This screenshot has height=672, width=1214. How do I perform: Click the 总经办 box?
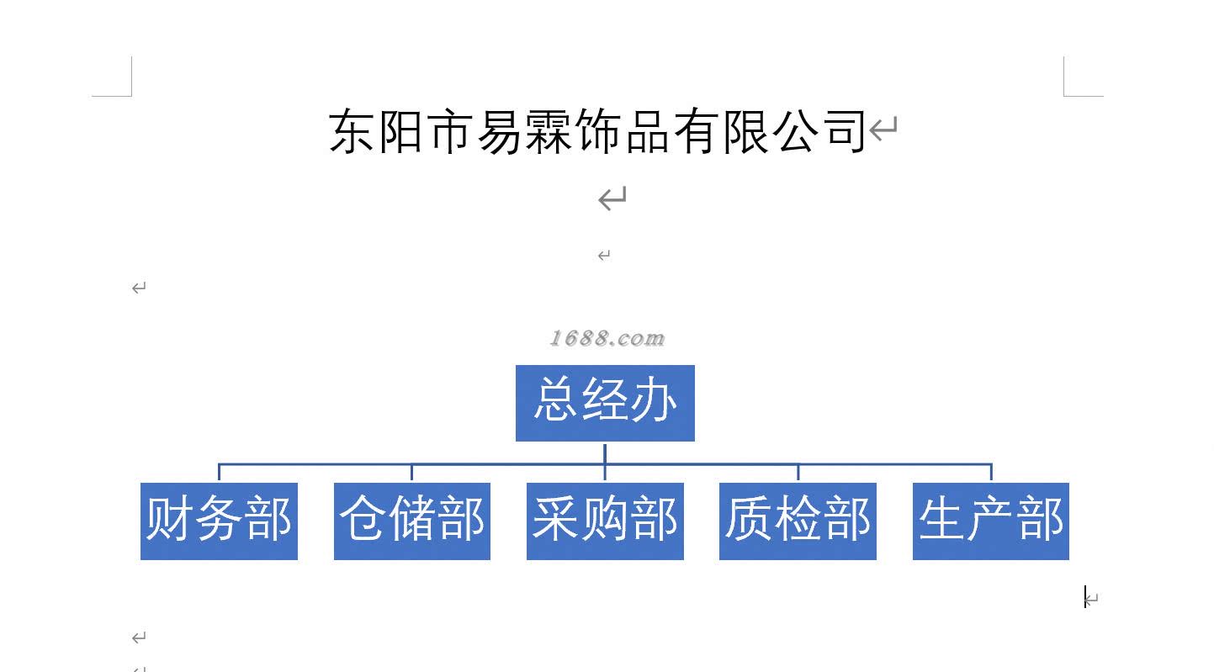point(605,403)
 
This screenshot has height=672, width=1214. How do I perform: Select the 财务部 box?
point(219,521)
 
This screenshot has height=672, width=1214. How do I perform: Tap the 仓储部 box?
point(412,521)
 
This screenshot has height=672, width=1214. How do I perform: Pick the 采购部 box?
point(605,521)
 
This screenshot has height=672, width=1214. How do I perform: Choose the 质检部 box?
point(798,521)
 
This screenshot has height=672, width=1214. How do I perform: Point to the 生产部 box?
point(991,521)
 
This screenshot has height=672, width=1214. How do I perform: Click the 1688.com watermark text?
point(607,338)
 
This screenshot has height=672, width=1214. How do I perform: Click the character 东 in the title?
point(352,131)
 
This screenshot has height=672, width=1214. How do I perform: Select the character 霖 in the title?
point(550,132)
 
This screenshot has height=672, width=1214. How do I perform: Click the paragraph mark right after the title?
point(883,130)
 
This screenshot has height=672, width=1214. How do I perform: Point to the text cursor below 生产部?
point(1085,597)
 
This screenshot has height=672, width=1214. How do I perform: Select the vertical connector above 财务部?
point(219,473)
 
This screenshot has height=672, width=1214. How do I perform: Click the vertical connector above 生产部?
point(991,473)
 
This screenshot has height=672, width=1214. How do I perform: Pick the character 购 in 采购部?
point(605,518)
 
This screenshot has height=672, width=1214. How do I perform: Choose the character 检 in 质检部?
point(798,518)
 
